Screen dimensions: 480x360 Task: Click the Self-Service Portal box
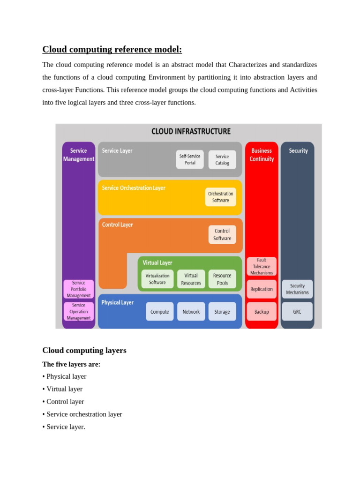point(190,159)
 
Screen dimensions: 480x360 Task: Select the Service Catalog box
point(222,159)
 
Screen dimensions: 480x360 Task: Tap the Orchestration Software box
point(220,197)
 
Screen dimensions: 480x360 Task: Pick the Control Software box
point(222,234)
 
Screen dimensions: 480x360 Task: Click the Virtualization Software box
point(157,279)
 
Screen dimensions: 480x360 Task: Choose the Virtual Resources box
point(191,279)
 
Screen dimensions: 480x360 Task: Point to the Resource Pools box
point(222,279)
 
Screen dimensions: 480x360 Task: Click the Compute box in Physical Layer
point(159,311)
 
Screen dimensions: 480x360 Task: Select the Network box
point(191,311)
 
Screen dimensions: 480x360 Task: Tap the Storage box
point(222,311)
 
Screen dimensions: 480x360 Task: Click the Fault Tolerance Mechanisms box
point(262,266)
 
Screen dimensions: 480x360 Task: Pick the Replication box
point(262,289)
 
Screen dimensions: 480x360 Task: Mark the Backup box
point(262,311)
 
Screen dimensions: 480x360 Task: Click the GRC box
point(297,311)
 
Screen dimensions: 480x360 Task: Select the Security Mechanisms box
point(297,289)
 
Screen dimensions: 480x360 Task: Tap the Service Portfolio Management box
point(79,289)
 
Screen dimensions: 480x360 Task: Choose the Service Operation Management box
point(79,311)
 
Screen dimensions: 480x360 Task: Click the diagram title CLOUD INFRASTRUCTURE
point(191,131)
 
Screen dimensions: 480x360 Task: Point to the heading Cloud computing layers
point(84,350)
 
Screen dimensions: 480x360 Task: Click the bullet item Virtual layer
point(64,389)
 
